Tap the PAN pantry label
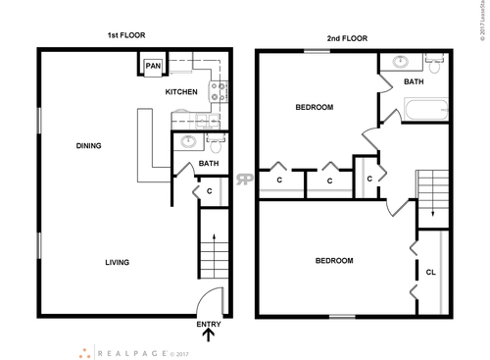click(153, 67)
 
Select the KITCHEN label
click(181, 92)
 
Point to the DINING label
click(89, 146)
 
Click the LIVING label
click(118, 262)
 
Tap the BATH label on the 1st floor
click(208, 164)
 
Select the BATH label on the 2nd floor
click(414, 82)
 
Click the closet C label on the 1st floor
click(210, 191)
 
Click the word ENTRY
click(209, 325)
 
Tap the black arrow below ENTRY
click(209, 338)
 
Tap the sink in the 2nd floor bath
click(399, 62)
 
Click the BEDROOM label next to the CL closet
click(334, 261)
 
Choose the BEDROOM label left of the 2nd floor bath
click(315, 107)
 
